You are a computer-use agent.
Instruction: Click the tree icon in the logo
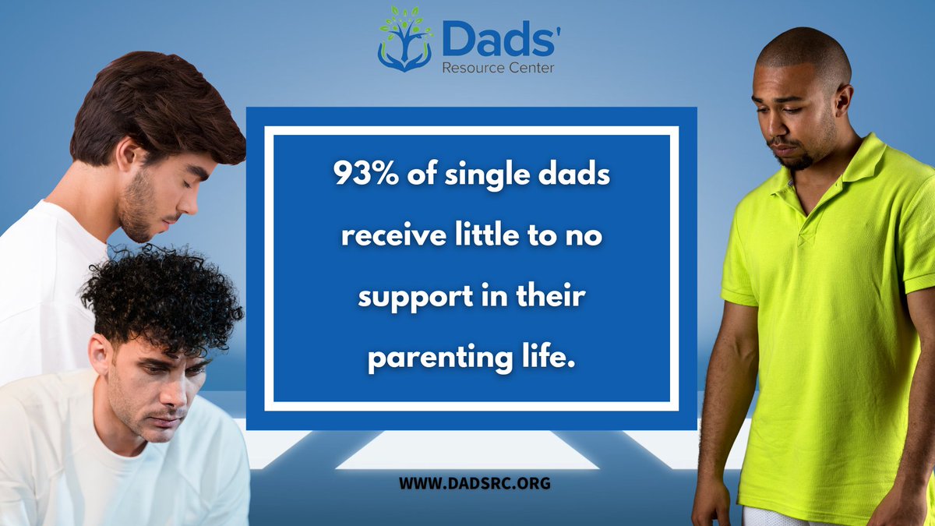403,40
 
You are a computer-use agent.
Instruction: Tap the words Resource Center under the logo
498,68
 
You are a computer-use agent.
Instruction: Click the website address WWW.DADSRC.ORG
474,483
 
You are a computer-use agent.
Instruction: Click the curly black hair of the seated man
164,296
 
